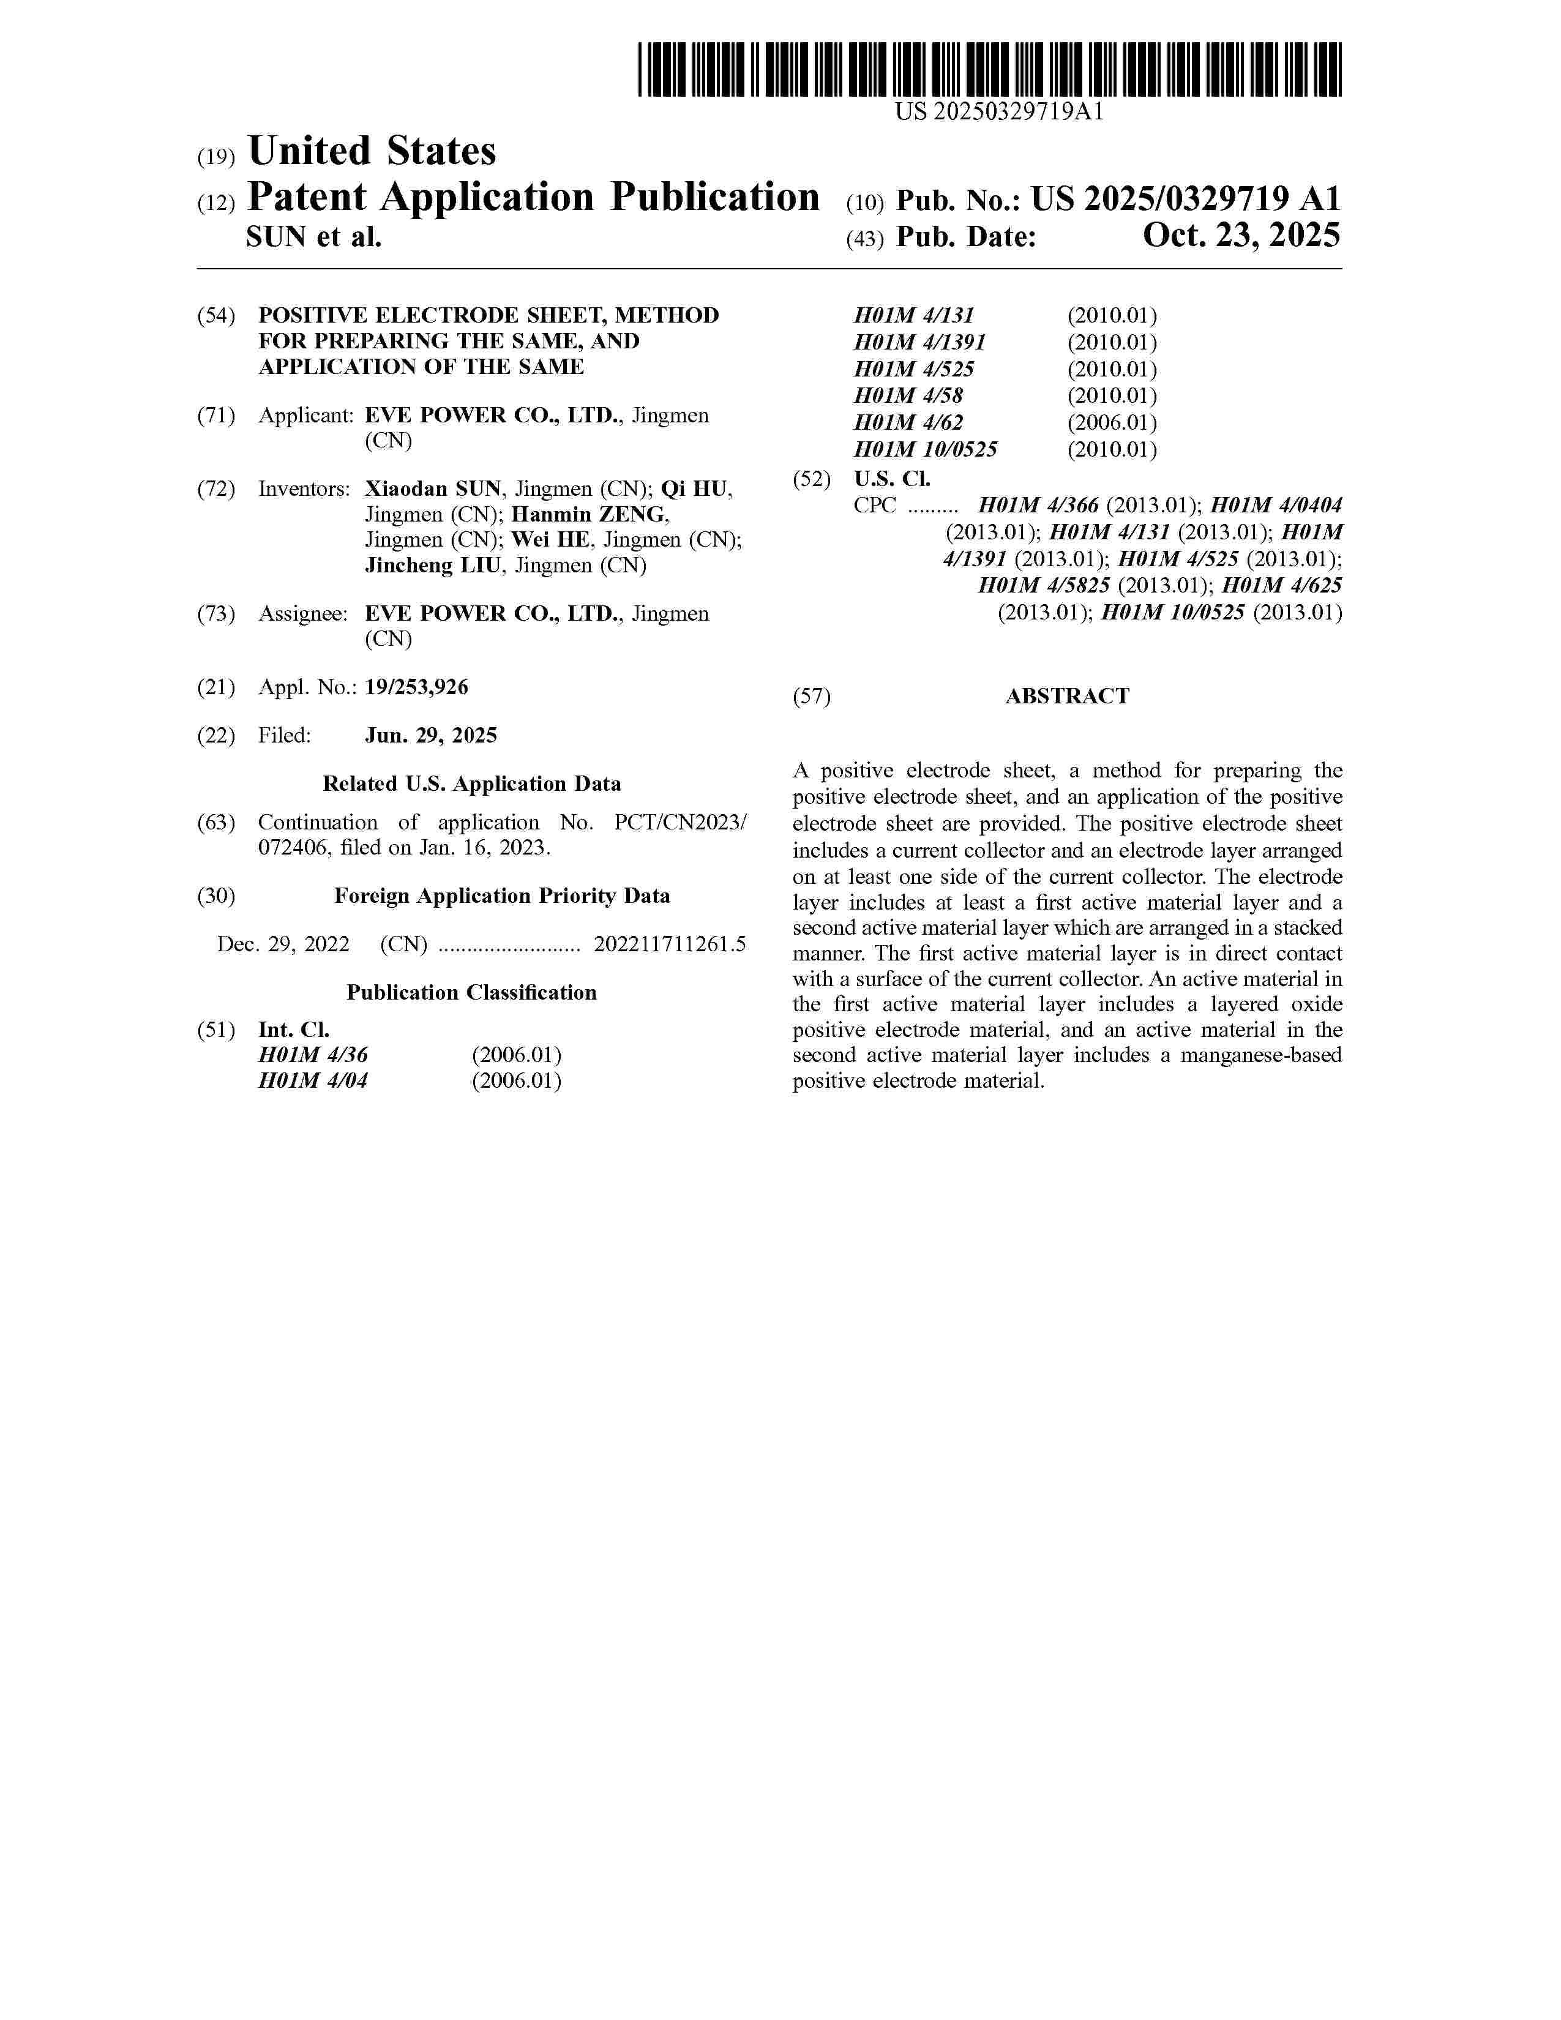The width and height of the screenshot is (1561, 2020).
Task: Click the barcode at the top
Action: click(x=989, y=69)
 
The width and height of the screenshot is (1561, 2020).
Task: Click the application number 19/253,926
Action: click(x=416, y=687)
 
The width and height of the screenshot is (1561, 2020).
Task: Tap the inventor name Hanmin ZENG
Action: click(x=589, y=514)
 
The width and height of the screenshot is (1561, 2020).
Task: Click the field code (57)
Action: click(x=811, y=697)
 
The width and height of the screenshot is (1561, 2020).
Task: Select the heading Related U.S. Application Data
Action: click(x=471, y=784)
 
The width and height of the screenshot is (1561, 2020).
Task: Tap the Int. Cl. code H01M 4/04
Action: click(x=313, y=1080)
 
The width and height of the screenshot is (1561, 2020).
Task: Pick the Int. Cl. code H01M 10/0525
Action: click(x=925, y=449)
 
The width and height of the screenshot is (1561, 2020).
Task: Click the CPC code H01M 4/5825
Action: click(x=1044, y=585)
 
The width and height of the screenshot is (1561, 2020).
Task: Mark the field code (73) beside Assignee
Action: click(x=215, y=614)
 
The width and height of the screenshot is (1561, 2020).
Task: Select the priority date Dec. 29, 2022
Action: click(x=283, y=945)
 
